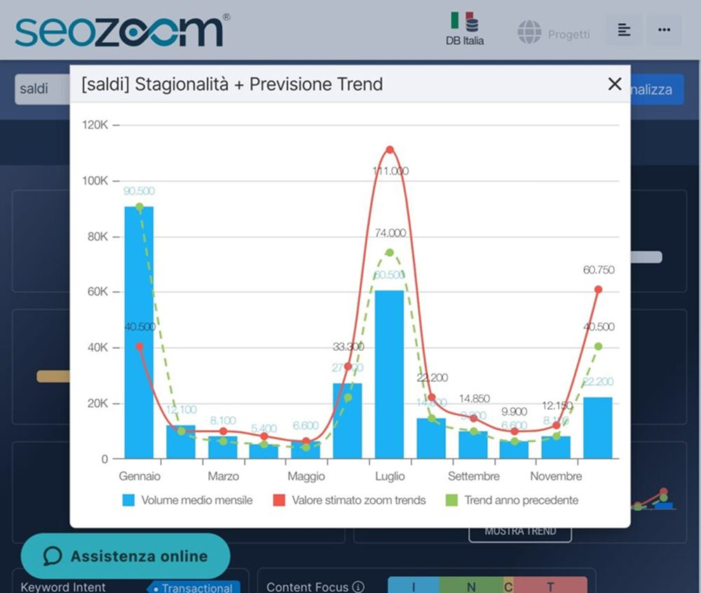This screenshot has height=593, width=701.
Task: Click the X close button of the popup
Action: point(615,84)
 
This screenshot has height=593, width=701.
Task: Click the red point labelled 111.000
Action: point(390,149)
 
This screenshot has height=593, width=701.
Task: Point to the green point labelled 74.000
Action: point(390,253)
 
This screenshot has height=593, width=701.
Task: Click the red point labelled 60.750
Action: point(598,289)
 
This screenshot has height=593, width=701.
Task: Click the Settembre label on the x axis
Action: point(473,477)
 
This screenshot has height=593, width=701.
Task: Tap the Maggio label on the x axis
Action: point(306,477)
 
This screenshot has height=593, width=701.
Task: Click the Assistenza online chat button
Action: point(125,557)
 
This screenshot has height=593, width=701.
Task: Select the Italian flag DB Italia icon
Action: point(464,28)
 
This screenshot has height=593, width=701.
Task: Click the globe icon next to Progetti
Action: point(529,32)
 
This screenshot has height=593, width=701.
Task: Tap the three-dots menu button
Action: point(664,30)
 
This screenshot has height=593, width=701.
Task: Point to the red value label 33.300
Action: point(348,346)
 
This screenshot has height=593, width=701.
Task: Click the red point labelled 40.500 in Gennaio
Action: point(139,346)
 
